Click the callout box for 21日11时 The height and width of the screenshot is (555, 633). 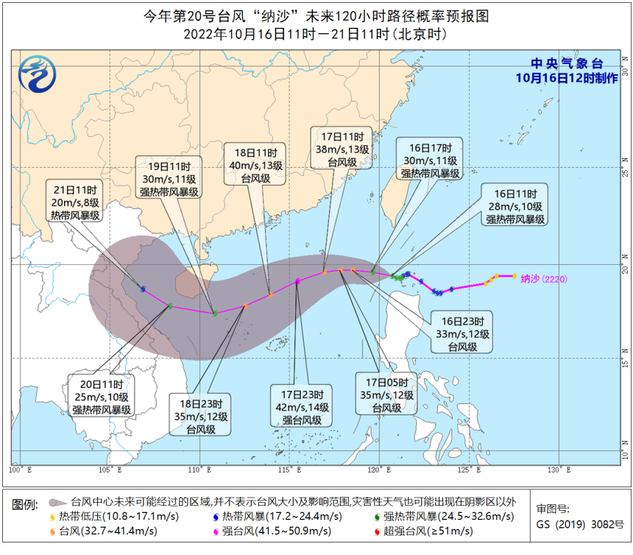click(x=75, y=200)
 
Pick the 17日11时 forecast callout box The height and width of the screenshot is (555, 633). click(x=342, y=149)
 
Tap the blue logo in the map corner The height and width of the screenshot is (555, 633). click(x=38, y=76)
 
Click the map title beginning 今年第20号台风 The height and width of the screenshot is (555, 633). click(x=316, y=16)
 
